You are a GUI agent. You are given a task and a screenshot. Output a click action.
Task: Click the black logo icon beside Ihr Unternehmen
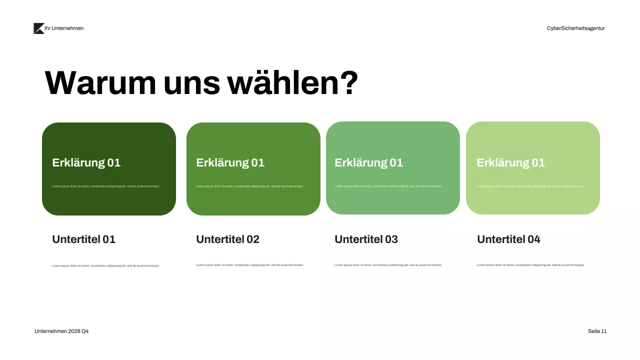(38, 28)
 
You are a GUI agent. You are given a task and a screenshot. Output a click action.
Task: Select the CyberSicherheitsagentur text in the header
(575, 28)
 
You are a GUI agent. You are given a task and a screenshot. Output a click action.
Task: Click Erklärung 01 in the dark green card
(86, 162)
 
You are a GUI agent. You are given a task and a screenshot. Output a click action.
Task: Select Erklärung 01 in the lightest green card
(510, 162)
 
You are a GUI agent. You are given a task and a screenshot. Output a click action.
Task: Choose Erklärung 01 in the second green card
(230, 162)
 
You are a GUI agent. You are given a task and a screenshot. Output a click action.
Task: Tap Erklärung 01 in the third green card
(368, 162)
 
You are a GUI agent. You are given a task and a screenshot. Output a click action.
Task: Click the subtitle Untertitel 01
(83, 239)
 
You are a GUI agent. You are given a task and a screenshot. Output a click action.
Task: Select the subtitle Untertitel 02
(227, 239)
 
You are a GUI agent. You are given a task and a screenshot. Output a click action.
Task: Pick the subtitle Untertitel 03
(366, 239)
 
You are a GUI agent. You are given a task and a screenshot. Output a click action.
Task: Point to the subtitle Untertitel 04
(508, 239)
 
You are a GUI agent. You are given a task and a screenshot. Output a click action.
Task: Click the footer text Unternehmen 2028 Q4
(61, 331)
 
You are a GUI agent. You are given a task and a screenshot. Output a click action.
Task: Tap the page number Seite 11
(597, 331)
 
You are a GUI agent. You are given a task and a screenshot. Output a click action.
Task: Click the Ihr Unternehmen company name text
(64, 28)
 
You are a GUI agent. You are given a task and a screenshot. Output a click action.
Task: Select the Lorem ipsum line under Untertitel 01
(105, 266)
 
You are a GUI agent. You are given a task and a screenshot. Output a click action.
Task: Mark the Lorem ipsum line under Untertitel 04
(530, 265)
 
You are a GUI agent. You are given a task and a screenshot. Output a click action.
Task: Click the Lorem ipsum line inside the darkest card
(105, 186)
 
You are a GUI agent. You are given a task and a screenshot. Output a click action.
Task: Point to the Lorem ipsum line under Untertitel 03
(388, 265)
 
